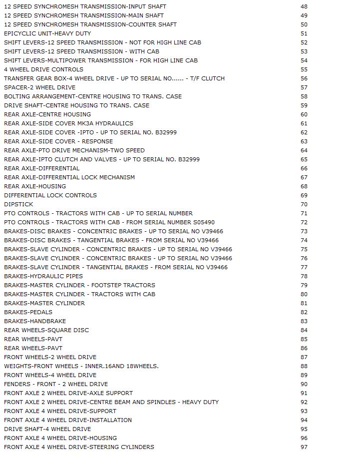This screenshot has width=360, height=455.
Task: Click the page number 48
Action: pyautogui.click(x=304, y=6)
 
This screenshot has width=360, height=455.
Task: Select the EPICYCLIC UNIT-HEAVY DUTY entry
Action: pyautogui.click(x=47, y=33)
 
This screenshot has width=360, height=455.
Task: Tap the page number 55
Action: pyautogui.click(x=304, y=69)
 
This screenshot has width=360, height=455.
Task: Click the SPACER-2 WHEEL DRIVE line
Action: pyautogui.click(x=40, y=87)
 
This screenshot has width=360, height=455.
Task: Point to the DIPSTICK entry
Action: pyautogui.click(x=18, y=204)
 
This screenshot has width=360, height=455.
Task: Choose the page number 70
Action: pyautogui.click(x=304, y=204)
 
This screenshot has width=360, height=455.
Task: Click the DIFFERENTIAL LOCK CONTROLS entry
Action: pyautogui.click(x=50, y=195)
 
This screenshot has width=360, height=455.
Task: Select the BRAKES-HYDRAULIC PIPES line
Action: pyautogui.click(x=43, y=276)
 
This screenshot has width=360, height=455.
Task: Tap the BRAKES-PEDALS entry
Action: pyautogui.click(x=28, y=312)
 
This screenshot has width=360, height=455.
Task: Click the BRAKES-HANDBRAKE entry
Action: pyautogui.click(x=35, y=321)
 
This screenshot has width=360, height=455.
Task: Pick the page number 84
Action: pyautogui.click(x=304, y=330)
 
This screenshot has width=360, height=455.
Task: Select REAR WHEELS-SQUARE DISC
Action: pyautogui.click(x=46, y=330)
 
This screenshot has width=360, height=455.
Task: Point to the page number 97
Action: pyautogui.click(x=304, y=447)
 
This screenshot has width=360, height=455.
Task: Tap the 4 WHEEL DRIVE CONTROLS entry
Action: pyautogui.click(x=43, y=69)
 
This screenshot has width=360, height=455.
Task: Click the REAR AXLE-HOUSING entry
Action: pyautogui.click(x=35, y=186)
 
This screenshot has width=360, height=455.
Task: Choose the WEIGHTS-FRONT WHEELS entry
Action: pyautogui.click(x=81, y=366)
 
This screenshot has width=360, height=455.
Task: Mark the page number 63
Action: pyautogui.click(x=304, y=141)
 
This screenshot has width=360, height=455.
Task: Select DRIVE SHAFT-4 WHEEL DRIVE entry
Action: pyautogui.click(x=47, y=429)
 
